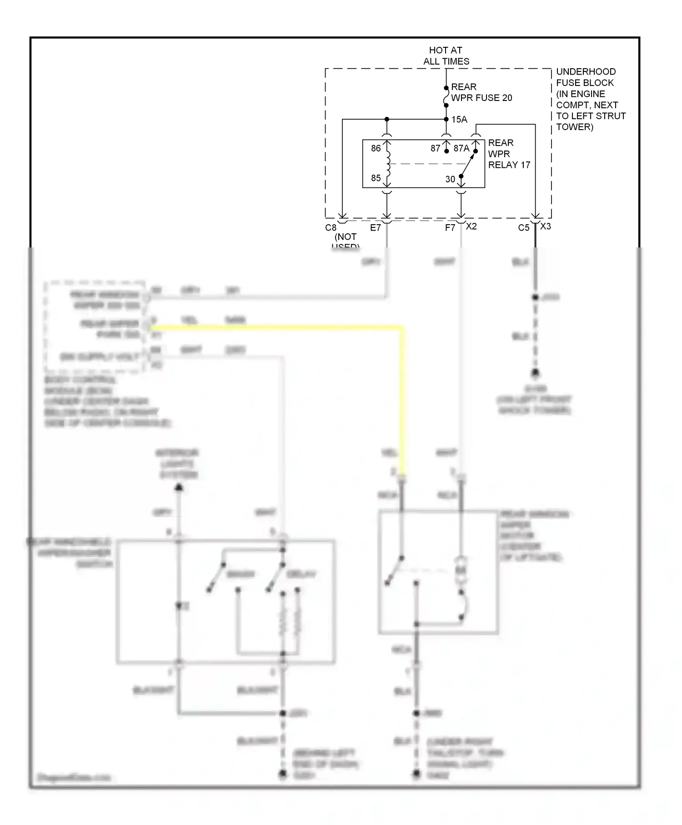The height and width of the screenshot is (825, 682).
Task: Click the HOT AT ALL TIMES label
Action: click(446, 55)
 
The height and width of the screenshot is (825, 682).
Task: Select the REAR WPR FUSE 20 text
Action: click(481, 92)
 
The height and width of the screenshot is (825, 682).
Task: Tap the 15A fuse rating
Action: click(459, 120)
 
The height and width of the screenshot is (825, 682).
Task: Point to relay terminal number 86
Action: click(376, 148)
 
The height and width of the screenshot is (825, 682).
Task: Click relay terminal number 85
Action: click(376, 178)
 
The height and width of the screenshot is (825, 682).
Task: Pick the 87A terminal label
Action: click(461, 148)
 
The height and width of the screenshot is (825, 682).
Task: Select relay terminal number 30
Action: click(450, 179)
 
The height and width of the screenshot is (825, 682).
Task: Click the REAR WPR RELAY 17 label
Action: click(508, 154)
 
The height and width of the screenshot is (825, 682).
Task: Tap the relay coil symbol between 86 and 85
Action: click(388, 163)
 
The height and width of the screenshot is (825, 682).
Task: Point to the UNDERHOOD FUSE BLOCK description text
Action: click(590, 99)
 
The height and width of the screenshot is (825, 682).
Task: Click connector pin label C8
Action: click(331, 227)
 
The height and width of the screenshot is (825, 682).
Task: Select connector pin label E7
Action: click(375, 227)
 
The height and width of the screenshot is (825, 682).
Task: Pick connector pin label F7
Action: click(450, 227)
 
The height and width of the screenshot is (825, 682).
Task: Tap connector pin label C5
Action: click(523, 227)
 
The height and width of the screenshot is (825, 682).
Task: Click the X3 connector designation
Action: click(546, 226)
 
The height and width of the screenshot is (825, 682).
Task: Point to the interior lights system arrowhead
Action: click(179, 488)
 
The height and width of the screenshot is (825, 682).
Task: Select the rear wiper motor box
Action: click(438, 572)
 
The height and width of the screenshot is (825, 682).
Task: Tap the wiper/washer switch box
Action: click(226, 601)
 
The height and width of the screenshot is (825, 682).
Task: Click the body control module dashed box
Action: click(95, 326)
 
